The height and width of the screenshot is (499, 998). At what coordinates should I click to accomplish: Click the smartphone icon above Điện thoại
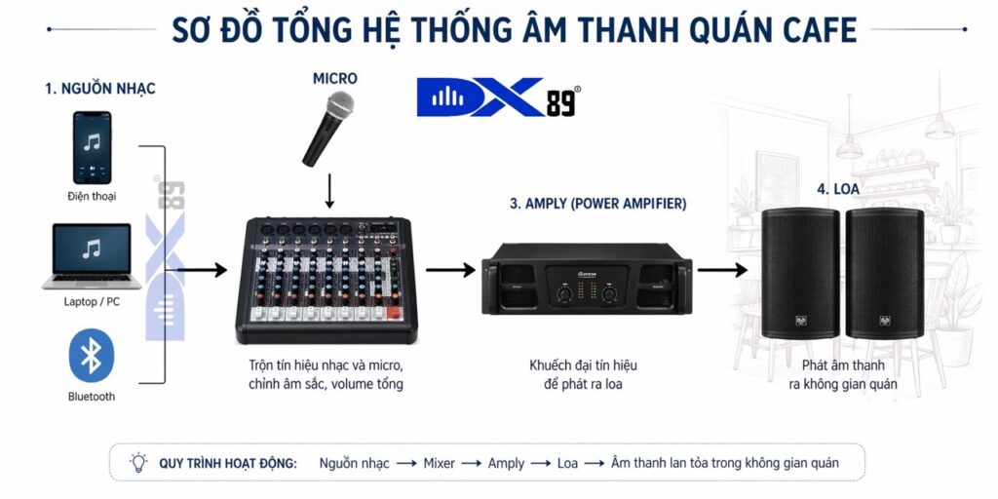coord(92,147)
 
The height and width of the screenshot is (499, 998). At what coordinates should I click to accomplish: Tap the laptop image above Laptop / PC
coord(92,256)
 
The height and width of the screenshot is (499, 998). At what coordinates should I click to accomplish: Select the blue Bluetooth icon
coord(92,357)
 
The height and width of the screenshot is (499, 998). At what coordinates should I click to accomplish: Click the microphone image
coord(328,128)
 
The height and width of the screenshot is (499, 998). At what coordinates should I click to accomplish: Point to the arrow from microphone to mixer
coord(329,190)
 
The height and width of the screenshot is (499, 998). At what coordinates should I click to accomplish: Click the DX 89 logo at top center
coord(498,97)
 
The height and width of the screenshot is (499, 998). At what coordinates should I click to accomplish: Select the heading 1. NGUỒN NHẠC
coord(99,89)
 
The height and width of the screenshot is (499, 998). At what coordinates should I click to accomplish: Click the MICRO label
coord(334,78)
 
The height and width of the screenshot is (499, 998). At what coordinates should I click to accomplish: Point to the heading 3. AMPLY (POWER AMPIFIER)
coord(597,204)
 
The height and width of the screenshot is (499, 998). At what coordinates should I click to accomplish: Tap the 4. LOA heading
coord(838,189)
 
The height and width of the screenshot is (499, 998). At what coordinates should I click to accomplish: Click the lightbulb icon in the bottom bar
coord(138,462)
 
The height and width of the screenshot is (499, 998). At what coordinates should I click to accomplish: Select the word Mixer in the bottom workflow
coord(439,463)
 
